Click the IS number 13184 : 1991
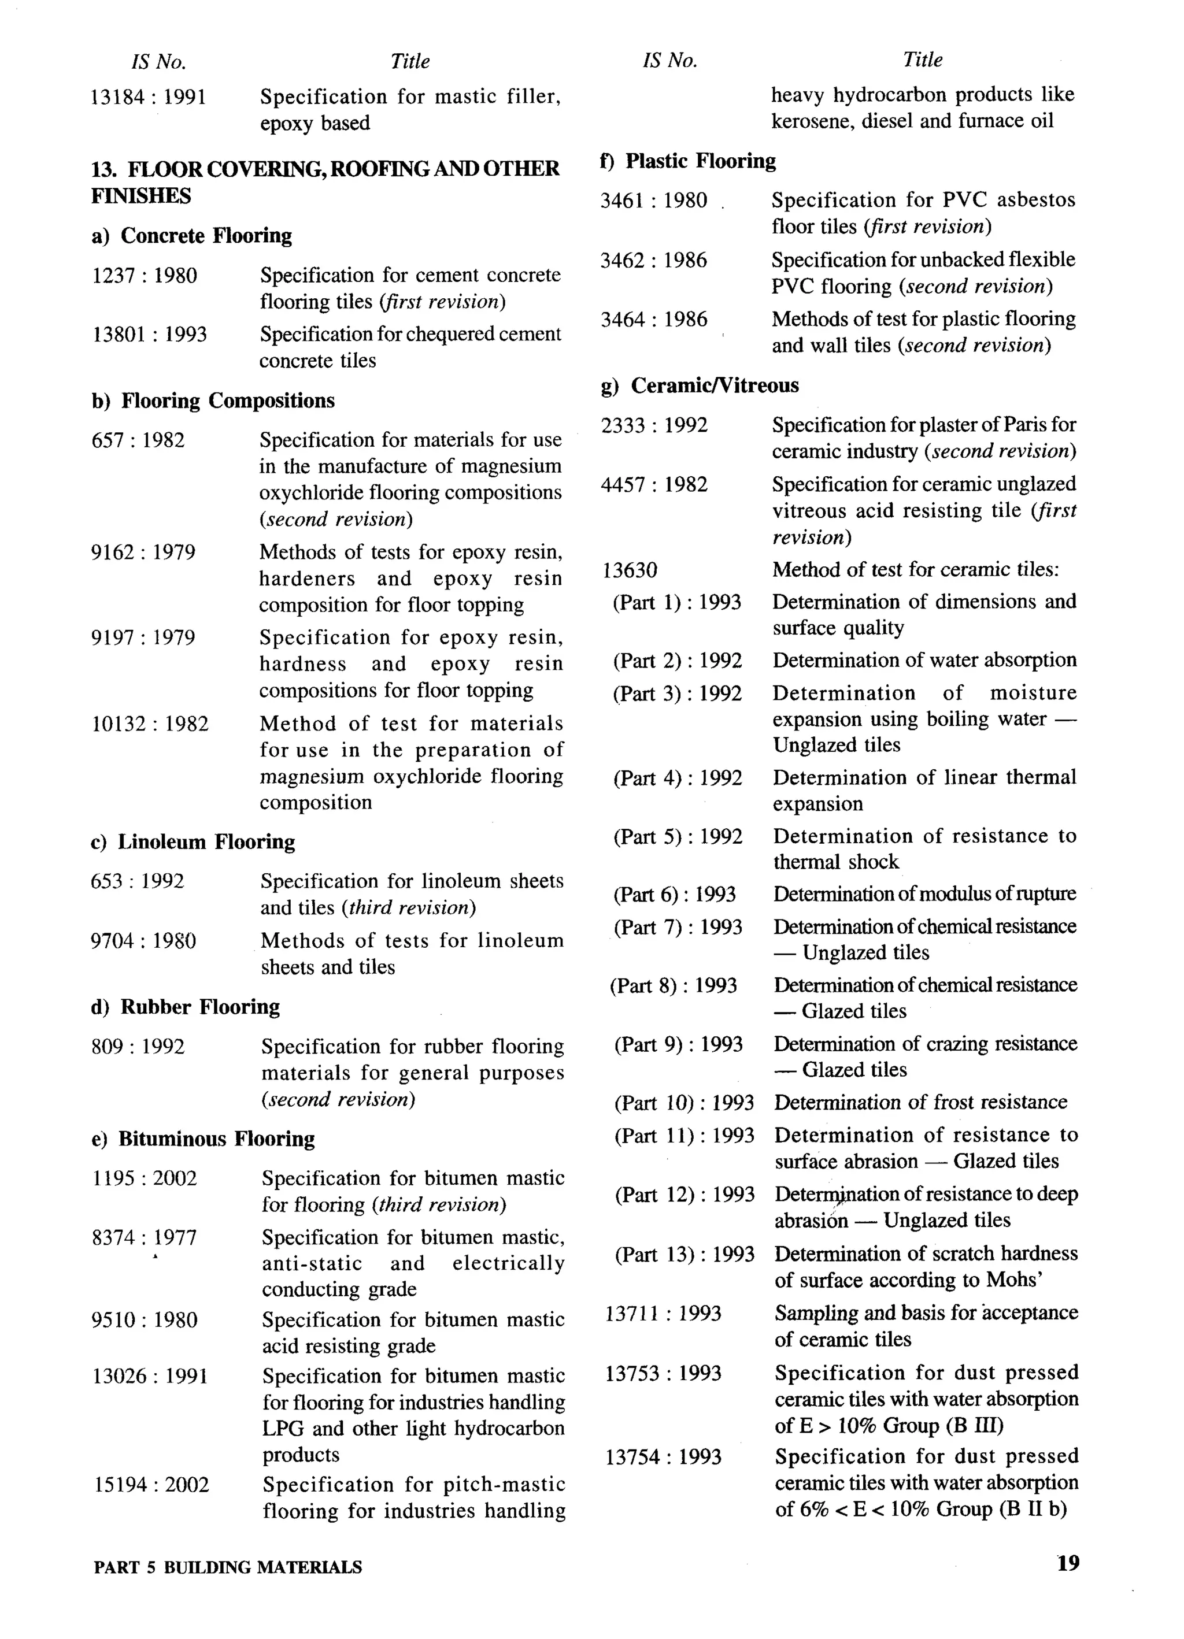tap(148, 97)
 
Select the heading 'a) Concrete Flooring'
tap(191, 236)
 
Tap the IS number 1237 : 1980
tap(145, 275)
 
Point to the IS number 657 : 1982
tap(138, 440)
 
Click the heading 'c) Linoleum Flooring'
tap(193, 842)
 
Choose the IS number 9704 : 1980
tap(143, 941)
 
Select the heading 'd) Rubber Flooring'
tap(186, 1007)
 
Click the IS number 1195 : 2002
tap(145, 1178)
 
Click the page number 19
tap(1068, 1563)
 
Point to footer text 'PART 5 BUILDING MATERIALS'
tap(228, 1567)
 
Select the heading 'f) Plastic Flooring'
tap(687, 161)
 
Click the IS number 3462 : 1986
tap(653, 260)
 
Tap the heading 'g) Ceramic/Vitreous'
tap(700, 385)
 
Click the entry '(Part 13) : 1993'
tap(684, 1255)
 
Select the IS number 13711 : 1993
tap(663, 1313)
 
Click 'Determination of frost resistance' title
tap(920, 1102)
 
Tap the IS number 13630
tap(630, 571)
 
